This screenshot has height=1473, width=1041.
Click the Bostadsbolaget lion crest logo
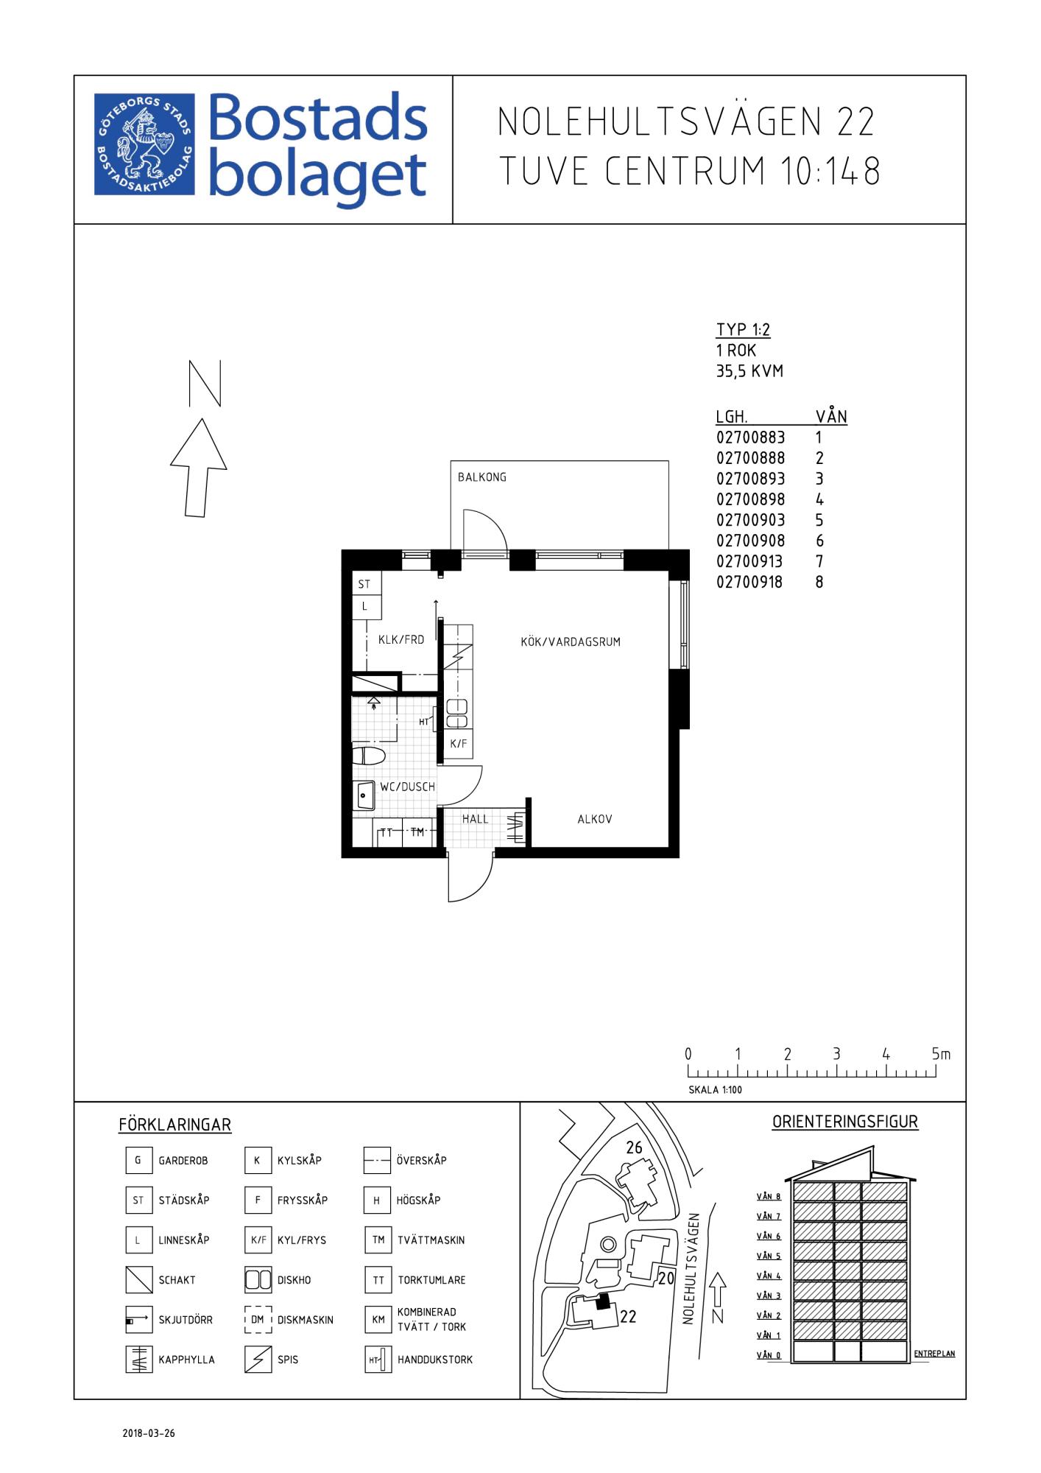pos(144,144)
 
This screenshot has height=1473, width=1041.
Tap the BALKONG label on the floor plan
pos(482,477)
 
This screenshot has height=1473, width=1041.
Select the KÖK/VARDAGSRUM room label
pos(571,641)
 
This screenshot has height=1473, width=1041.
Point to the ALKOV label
pos(595,819)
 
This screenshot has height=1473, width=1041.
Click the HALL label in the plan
pos(476,819)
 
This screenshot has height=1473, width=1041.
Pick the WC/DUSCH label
pos(407,787)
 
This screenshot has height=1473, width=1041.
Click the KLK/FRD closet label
pos(401,640)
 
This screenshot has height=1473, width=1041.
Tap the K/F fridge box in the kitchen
pos(458,744)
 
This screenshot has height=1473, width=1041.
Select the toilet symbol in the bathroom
pos(369,756)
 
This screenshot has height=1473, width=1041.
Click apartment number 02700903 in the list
pos(750,520)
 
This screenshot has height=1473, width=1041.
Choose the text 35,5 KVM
pos(749,371)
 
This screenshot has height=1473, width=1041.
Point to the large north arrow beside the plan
pos(198,468)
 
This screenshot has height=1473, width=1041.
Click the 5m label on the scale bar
pos(941,1055)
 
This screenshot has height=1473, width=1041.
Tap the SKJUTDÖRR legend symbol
pos(138,1320)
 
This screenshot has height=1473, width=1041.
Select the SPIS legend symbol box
pos(258,1360)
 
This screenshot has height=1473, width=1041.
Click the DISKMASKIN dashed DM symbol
pos(258,1320)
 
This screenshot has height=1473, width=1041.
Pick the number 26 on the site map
pos(634,1147)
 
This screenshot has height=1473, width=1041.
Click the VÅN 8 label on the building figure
pos(769,1197)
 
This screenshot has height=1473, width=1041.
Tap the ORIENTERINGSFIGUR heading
pos(845,1122)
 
